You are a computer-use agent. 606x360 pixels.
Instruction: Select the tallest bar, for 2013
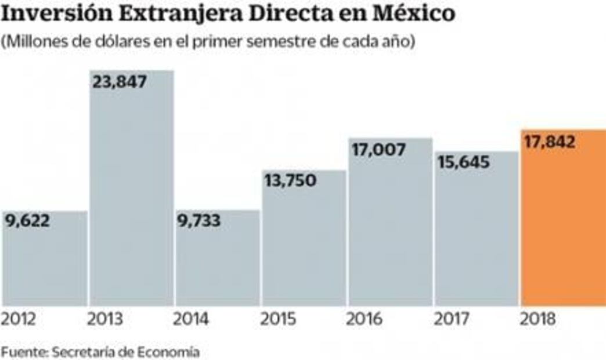point(131,192)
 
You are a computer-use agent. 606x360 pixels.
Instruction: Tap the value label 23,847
point(120,81)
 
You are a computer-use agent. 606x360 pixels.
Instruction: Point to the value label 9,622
point(28,221)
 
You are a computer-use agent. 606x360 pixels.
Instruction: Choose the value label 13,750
point(291,181)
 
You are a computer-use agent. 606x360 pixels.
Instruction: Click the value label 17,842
point(550,142)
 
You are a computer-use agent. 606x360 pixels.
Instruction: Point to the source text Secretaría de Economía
point(125,352)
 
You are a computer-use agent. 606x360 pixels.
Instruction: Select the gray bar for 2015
point(304,244)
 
